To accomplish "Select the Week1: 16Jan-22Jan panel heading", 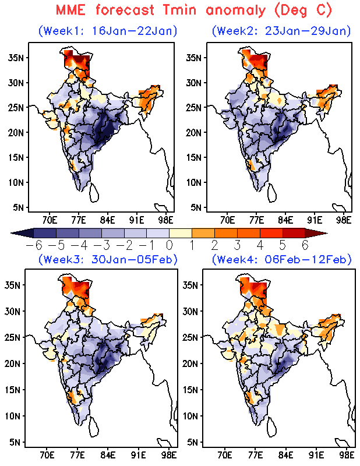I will (108, 30).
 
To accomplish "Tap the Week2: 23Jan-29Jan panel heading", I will (281, 30).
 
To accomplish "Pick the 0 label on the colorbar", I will (169, 245).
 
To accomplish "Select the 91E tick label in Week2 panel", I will (315, 220).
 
